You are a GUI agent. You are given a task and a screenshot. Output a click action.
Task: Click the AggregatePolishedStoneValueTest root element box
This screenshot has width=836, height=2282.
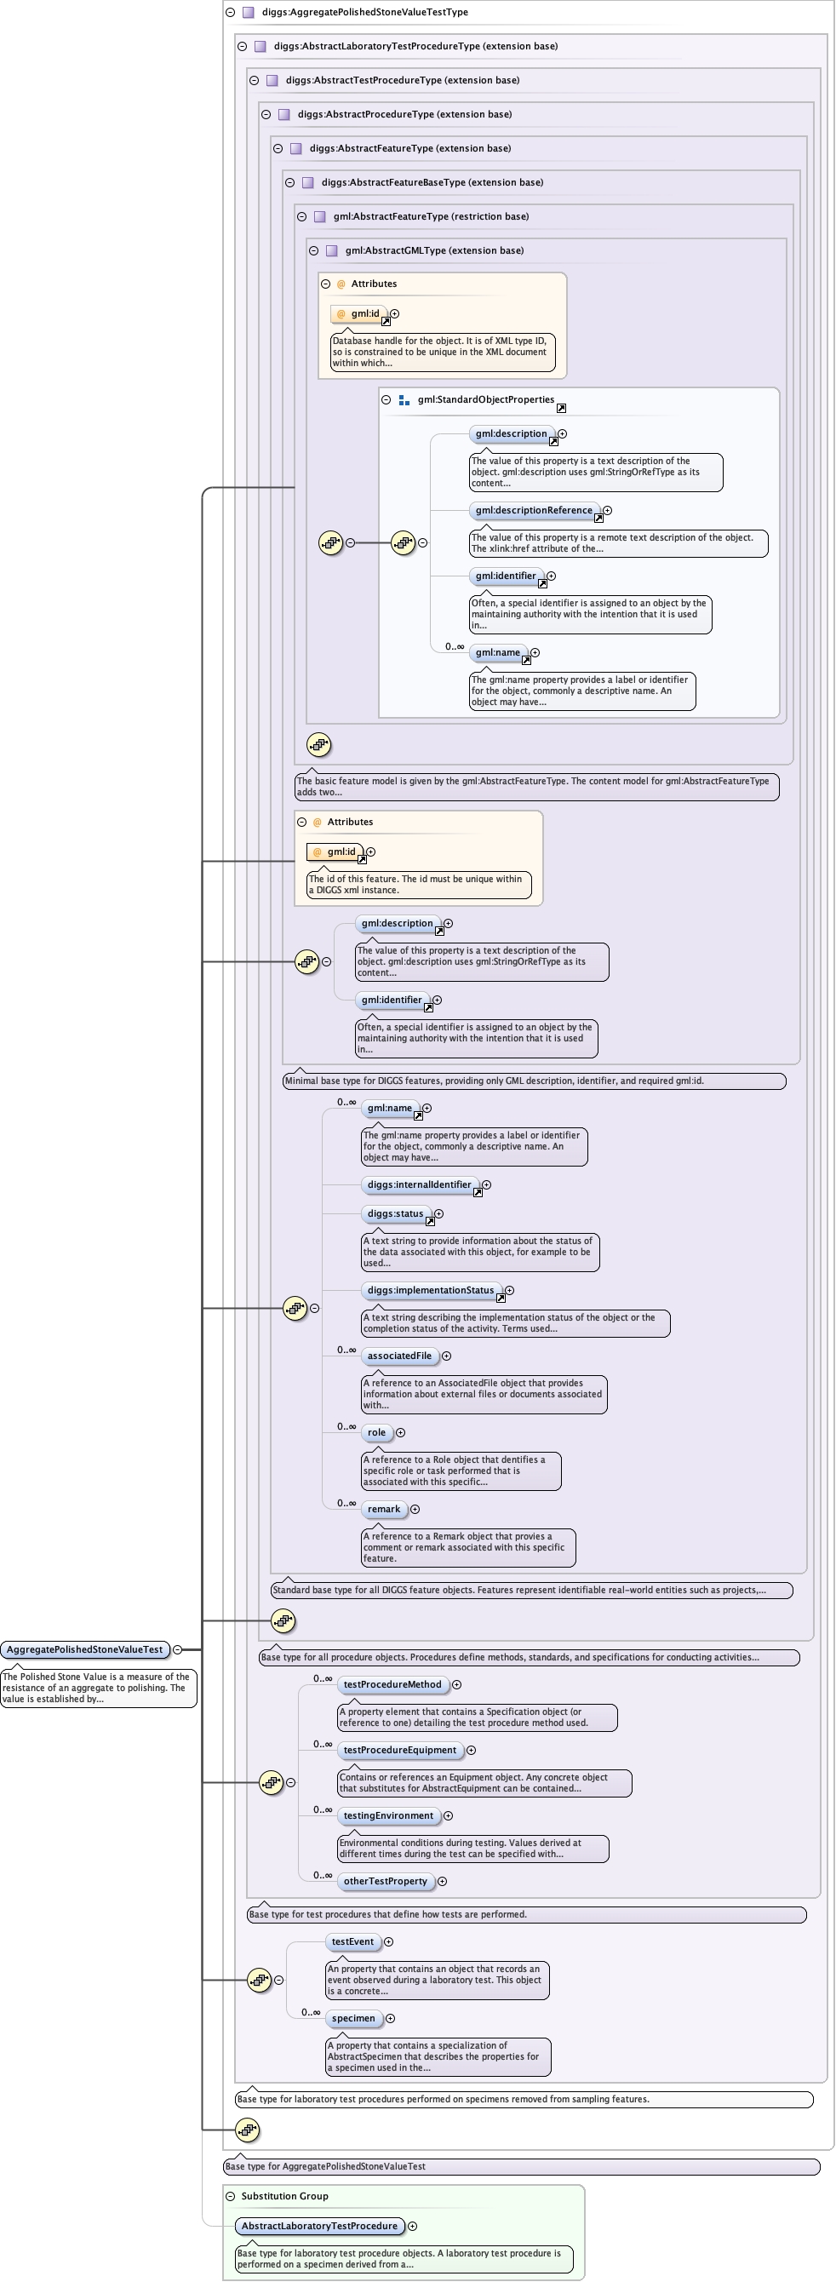point(85,1648)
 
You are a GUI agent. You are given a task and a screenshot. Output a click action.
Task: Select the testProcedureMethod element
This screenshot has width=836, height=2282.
point(392,1684)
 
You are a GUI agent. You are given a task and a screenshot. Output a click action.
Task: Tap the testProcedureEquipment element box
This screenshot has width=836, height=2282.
point(399,1750)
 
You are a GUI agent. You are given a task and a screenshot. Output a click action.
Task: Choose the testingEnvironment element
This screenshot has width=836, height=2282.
point(388,1815)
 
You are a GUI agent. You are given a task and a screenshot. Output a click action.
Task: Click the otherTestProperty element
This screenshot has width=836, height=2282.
point(386,1881)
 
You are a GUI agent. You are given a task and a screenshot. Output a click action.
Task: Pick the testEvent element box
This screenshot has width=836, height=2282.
point(352,1941)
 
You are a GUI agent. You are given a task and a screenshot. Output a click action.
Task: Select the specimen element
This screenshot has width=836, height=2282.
point(353,2018)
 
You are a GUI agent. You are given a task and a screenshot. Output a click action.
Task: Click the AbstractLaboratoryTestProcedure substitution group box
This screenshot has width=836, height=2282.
point(318,2225)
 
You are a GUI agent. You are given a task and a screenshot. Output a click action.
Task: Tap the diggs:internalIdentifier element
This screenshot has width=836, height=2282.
point(419,1184)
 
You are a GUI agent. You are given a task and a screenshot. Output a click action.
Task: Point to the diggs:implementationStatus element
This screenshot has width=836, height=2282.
point(431,1290)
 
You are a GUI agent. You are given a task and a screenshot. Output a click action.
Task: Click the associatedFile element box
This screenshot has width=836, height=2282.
point(399,1356)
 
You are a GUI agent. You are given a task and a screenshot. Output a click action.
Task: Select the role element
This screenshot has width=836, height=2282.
point(376,1432)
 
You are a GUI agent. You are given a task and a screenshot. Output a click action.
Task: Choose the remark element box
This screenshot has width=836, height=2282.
point(383,1509)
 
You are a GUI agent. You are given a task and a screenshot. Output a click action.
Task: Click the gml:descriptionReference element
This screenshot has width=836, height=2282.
point(533,510)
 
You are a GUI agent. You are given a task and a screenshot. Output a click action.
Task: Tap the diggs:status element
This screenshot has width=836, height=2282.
point(395,1213)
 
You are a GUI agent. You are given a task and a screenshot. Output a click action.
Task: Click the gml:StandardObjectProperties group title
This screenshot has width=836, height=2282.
point(485,399)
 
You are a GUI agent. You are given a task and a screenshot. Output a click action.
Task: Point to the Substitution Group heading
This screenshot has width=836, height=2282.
point(284,2195)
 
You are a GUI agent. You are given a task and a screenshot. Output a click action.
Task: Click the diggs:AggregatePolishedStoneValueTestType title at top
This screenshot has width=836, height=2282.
point(364,13)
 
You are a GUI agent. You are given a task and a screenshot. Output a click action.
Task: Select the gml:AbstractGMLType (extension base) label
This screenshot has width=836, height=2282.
point(434,250)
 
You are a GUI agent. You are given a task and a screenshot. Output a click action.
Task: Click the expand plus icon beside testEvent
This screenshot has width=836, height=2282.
point(389,1941)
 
